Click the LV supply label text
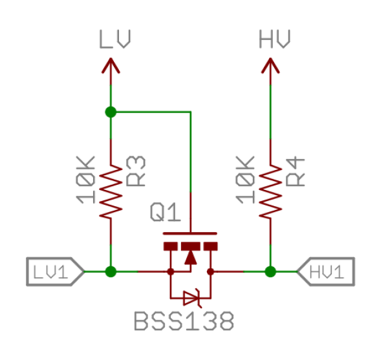pos(114,39)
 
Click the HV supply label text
pos(274,39)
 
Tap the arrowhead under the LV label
pos(111,65)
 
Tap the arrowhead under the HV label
pos(270,65)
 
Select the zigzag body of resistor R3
pos(111,191)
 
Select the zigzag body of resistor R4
pos(270,191)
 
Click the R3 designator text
pos(136,171)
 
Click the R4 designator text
pos(296,171)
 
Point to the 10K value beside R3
pos(85,180)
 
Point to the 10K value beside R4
pos(245,180)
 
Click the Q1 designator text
pos(166,212)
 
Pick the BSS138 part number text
pos(184,321)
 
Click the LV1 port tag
pos(55,271)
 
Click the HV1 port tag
pos(326,271)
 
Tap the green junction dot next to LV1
pos(111,271)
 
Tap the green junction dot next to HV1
pos(270,271)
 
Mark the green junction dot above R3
pos(111,112)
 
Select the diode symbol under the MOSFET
pos(193,299)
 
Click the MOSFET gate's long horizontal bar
pos(190,233)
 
